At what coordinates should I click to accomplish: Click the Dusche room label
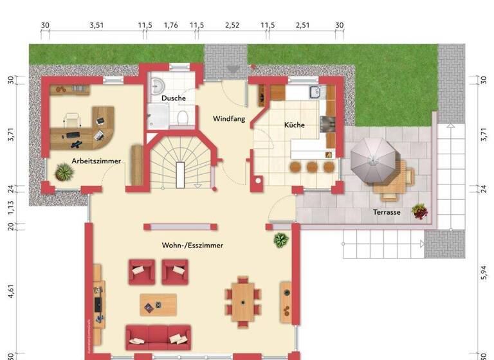pyautogui.click(x=174, y=98)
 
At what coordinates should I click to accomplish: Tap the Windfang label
pyautogui.click(x=229, y=119)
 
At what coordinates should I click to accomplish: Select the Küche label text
pyautogui.click(x=295, y=125)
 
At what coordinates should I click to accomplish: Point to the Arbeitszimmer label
pyautogui.click(x=96, y=160)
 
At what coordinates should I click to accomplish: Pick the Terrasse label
pyautogui.click(x=387, y=212)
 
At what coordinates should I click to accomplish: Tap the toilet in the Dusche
pyautogui.click(x=183, y=116)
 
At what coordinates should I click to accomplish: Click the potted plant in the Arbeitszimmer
pyautogui.click(x=64, y=172)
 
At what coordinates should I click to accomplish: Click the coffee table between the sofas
pyautogui.click(x=158, y=304)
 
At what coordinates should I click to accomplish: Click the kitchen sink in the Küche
pyautogui.click(x=315, y=92)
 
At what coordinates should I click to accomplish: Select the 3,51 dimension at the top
pyautogui.click(x=96, y=26)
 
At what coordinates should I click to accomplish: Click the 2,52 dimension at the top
pyautogui.click(x=232, y=26)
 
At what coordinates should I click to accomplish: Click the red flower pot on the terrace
pyautogui.click(x=419, y=210)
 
